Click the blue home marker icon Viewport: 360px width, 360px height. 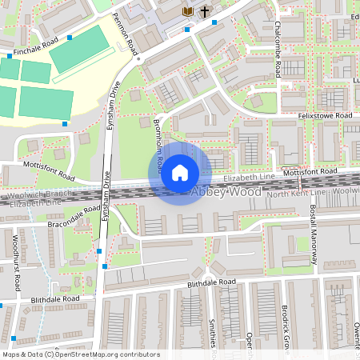coord(180,173)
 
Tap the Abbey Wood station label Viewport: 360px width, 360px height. coord(227,193)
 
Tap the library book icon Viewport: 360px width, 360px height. coord(187,11)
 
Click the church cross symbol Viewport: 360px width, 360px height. coord(205,11)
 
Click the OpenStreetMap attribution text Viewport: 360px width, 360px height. coord(81,354)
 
